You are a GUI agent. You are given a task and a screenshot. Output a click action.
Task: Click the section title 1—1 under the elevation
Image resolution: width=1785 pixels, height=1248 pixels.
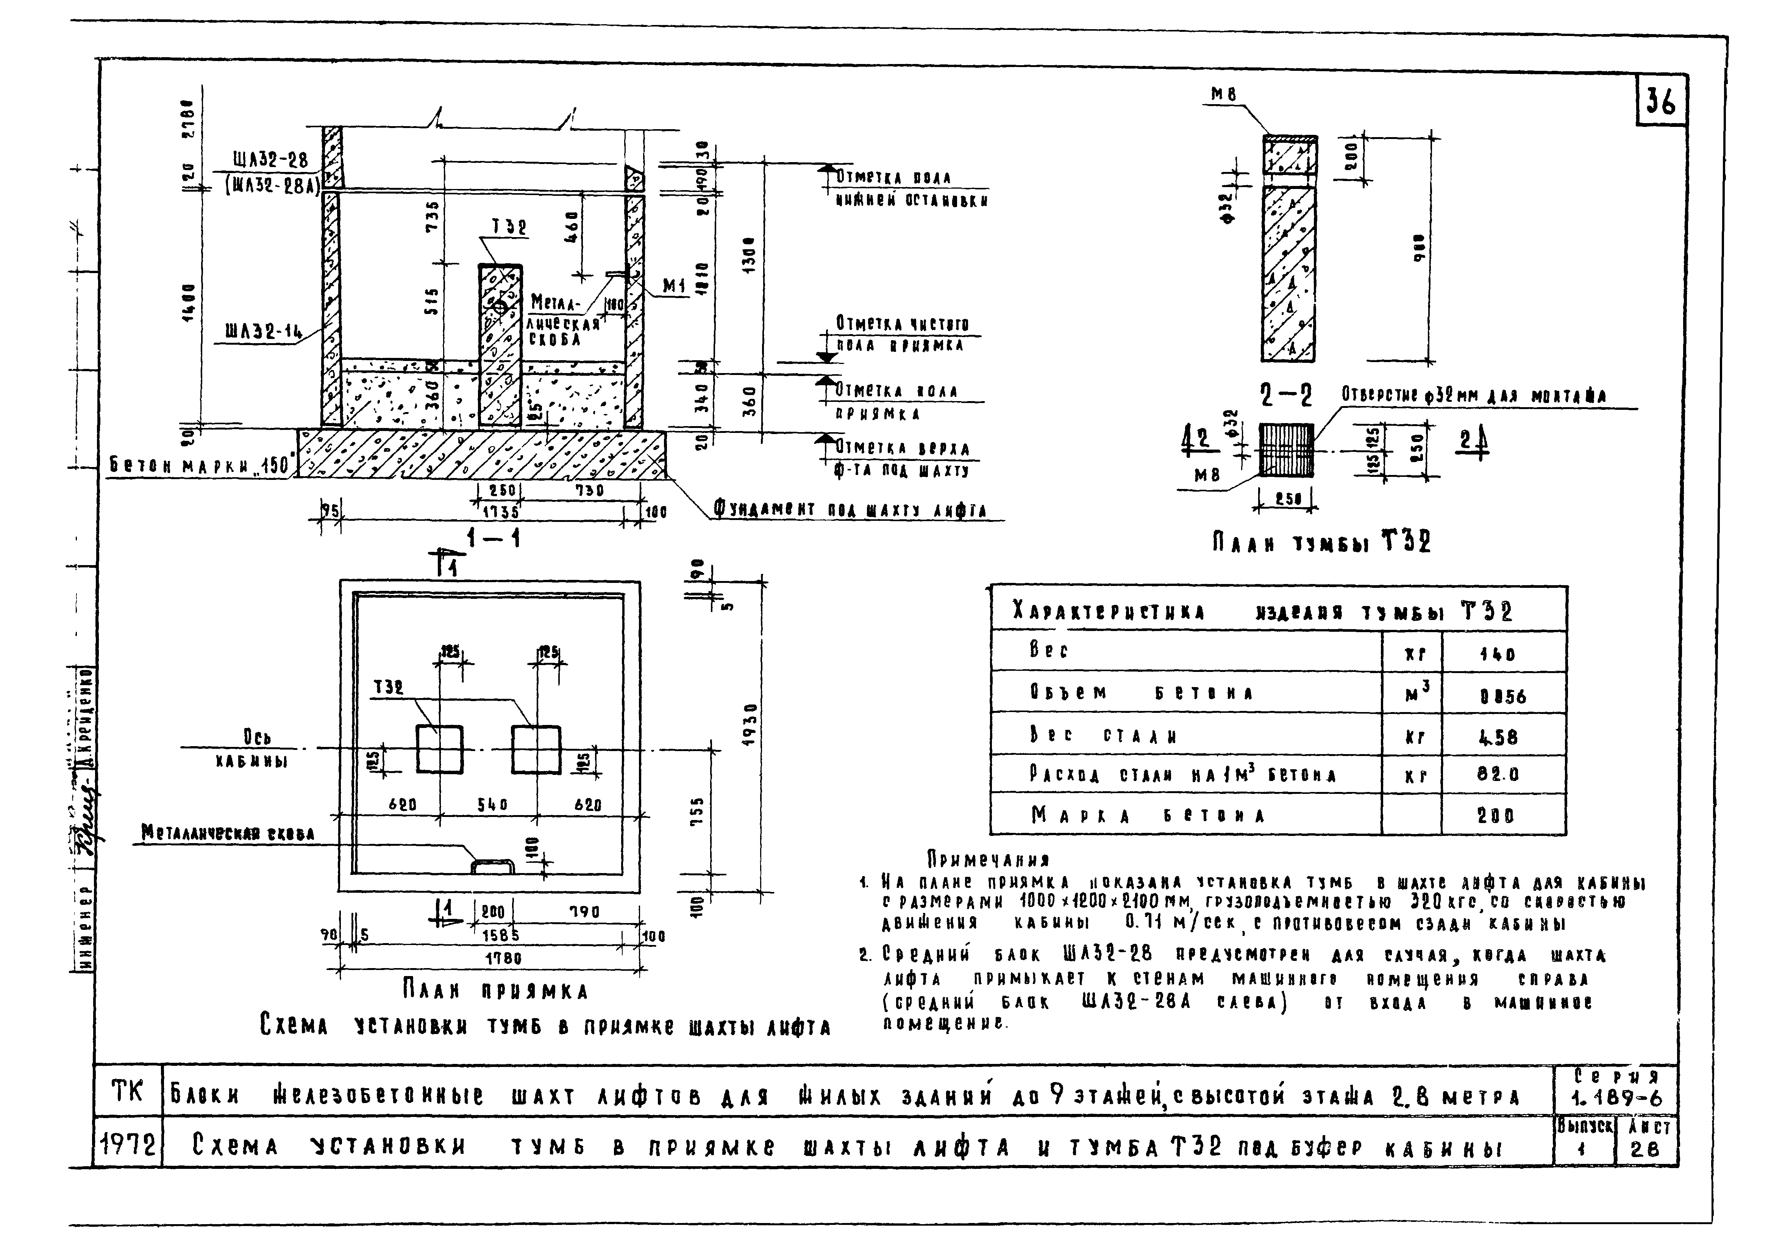point(493,537)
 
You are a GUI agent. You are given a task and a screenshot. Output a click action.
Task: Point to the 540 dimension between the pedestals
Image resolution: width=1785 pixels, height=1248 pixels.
point(492,805)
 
